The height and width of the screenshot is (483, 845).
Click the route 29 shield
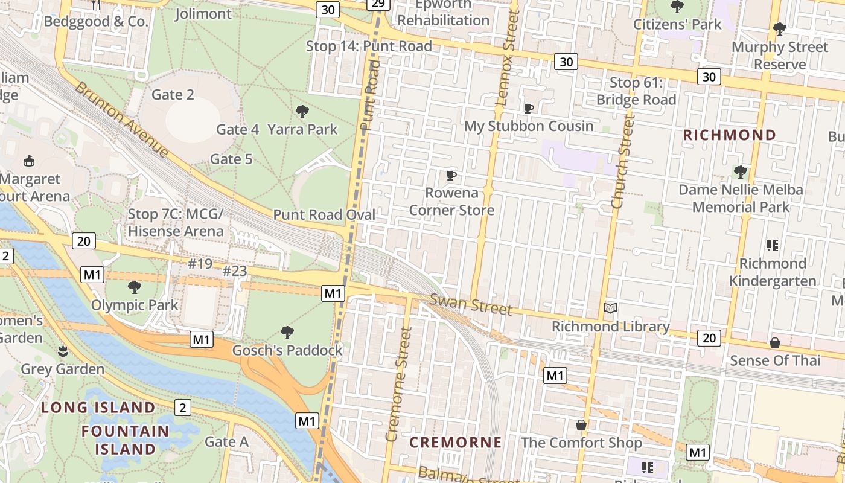[x=378, y=4]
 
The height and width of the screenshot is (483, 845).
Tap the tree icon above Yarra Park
[x=302, y=111]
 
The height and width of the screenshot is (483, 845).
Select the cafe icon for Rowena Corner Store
[x=451, y=176]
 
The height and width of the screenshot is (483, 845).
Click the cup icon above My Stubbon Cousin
[x=529, y=108]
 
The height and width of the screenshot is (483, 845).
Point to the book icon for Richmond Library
[x=610, y=309]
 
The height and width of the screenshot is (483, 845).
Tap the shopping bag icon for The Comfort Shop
[x=581, y=425]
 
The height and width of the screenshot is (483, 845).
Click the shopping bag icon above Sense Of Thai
[x=775, y=343]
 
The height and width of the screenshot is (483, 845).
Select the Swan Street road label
[x=471, y=304]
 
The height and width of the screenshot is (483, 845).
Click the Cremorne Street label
[x=399, y=384]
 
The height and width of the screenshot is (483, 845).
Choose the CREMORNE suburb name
[x=456, y=443]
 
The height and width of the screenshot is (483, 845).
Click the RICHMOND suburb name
[x=729, y=135]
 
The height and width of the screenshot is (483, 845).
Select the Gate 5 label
[x=231, y=159]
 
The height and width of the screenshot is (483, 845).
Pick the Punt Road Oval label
[x=324, y=215]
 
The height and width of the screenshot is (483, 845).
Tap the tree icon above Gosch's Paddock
[x=287, y=332]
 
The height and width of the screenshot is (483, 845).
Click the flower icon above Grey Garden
[x=63, y=351]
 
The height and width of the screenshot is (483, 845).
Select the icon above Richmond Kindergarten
[x=773, y=245]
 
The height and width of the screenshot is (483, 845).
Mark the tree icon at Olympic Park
[x=135, y=287]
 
